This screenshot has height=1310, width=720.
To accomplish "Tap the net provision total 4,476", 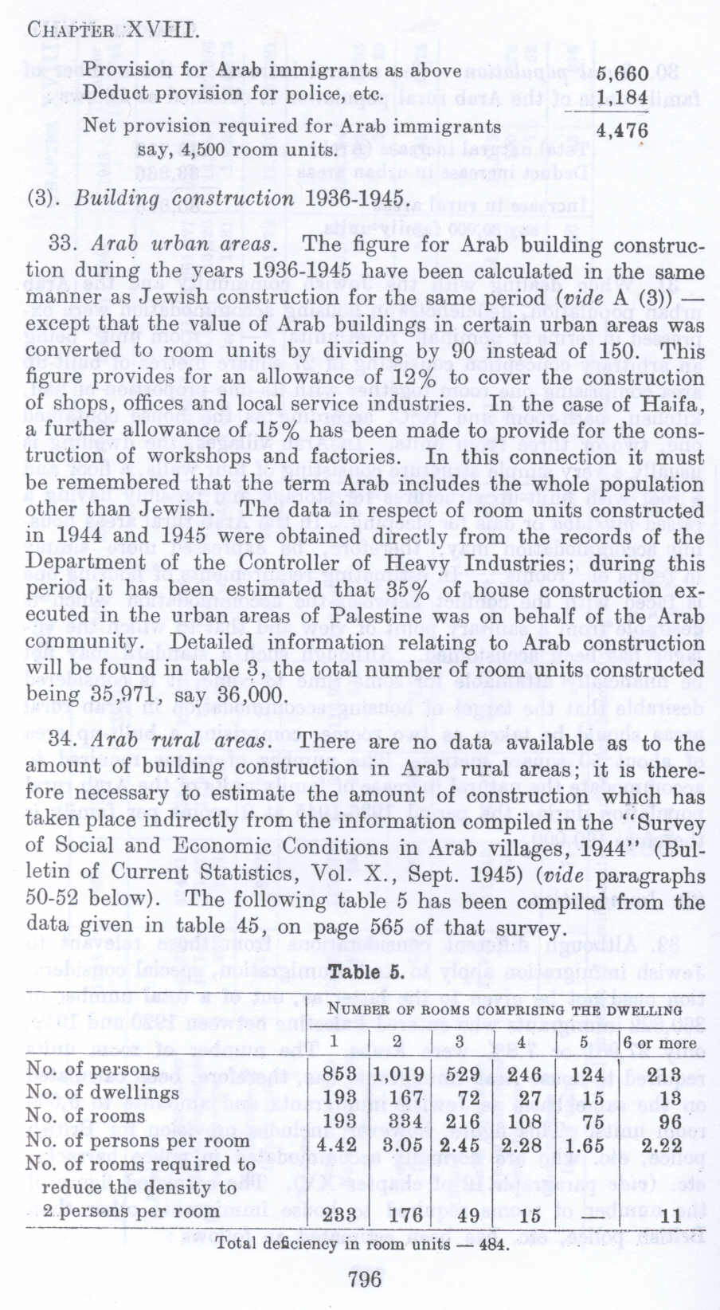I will tap(623, 130).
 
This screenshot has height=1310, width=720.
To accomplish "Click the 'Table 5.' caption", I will tap(368, 974).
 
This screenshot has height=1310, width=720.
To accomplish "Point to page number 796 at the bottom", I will tap(366, 1279).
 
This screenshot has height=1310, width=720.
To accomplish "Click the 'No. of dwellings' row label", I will tap(102, 1092).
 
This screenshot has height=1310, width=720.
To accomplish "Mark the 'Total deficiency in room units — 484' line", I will tap(362, 1244).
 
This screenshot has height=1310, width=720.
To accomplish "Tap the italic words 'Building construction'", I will tap(185, 198).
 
